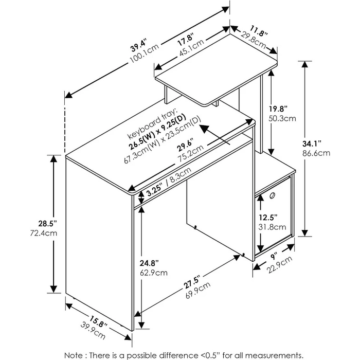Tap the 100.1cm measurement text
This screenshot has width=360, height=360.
pos(145,53)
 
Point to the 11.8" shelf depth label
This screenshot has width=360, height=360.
pos(259,31)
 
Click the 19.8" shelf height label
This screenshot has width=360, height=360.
pos(278,109)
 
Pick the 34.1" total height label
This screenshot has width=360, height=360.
pos(311,144)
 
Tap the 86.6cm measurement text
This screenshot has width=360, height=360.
pos(316,153)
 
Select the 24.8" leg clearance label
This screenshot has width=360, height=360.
pos(149,263)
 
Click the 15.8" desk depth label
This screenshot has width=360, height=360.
pos(98,321)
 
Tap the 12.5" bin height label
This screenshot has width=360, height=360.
pos(268,217)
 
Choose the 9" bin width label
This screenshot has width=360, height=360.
pos(274,256)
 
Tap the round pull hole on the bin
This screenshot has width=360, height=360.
pos(272,196)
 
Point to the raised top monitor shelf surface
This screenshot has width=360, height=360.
pos(217,70)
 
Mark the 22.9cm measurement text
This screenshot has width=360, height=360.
pos(280,265)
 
